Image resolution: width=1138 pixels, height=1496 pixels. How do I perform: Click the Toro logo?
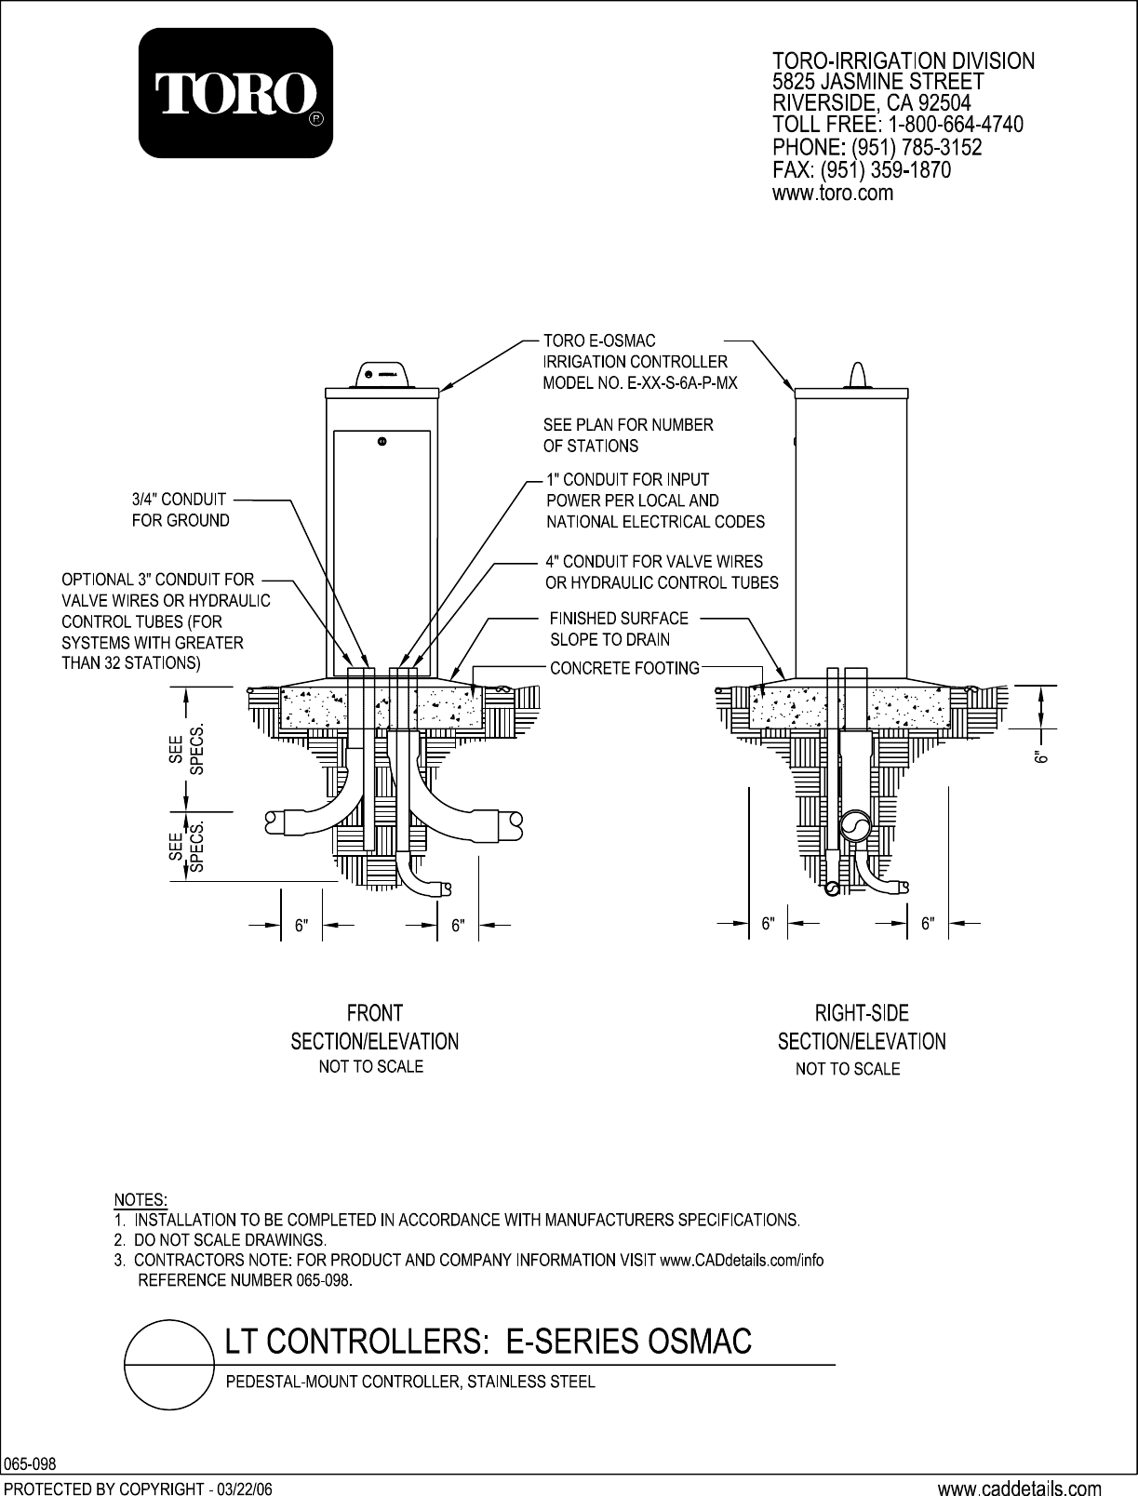235,93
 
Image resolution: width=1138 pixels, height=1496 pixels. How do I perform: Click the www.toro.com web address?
833,194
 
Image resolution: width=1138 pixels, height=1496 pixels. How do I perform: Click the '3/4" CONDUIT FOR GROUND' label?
180,510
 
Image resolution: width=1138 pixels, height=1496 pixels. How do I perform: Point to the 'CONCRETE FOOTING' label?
624,668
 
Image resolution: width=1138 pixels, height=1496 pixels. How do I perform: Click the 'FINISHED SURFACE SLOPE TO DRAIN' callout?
619,629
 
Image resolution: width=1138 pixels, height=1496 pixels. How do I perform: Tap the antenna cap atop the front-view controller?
383,374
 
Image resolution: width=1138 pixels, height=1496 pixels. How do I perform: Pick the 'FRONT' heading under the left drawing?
374,1012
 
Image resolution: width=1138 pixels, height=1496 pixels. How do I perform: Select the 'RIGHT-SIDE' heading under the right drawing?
862,1012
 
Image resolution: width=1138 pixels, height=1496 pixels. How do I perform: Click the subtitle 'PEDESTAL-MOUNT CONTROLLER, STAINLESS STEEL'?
410,1382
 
